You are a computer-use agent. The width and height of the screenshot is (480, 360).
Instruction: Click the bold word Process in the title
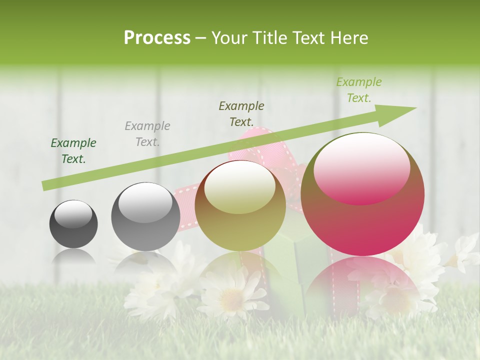coord(157,38)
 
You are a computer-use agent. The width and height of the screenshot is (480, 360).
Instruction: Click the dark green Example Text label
coord(73,151)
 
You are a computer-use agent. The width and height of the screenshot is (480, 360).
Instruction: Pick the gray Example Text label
coord(147,133)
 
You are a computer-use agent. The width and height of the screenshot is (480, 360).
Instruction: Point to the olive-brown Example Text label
coord(241,113)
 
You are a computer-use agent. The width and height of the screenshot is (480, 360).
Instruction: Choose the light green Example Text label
coord(358,90)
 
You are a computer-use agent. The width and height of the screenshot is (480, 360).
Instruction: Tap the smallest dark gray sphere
coord(73,224)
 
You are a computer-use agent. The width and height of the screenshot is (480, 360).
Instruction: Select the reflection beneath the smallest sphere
coord(73,256)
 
